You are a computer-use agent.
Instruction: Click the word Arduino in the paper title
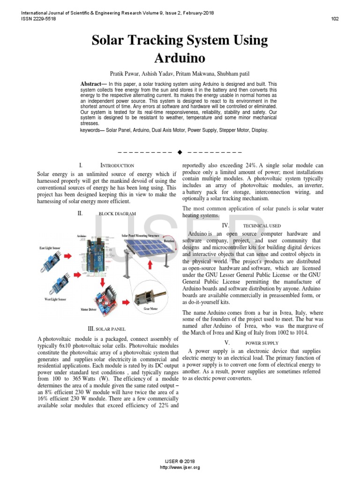[180, 58]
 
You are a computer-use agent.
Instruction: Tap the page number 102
[335, 19]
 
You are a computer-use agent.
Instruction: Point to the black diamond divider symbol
[180, 152]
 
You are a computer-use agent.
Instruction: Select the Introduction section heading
[117, 165]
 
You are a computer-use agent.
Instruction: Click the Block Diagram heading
[117, 213]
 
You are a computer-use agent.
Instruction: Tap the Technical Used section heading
[262, 225]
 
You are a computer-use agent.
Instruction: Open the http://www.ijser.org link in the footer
[180, 467]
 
